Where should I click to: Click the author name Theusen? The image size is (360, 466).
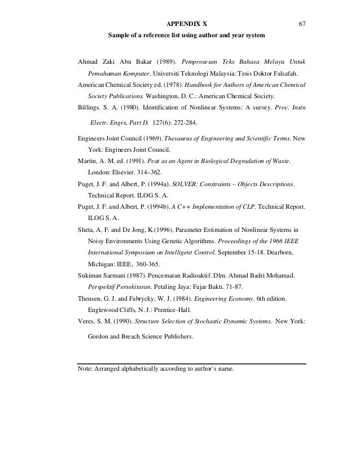click(91, 298)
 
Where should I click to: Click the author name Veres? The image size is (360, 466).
click(87, 322)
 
